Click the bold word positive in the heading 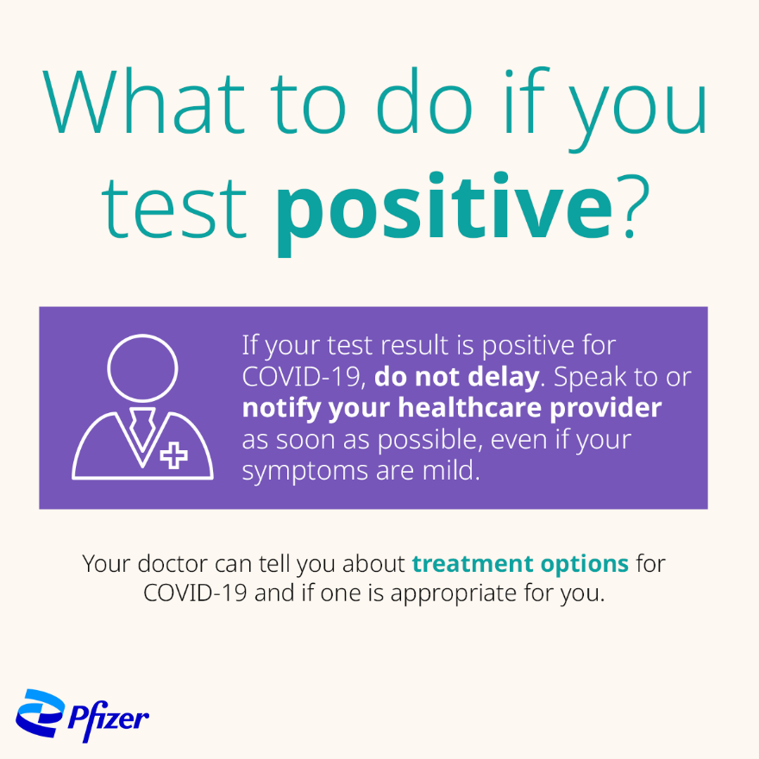[444, 213]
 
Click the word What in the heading [144, 101]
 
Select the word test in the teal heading [174, 208]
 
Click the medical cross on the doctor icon [173, 455]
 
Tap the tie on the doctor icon [141, 427]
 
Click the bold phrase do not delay [456, 377]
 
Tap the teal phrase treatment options [520, 563]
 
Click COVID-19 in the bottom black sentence [195, 593]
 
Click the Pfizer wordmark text [109, 718]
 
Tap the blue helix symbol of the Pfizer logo [40, 713]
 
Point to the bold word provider [605, 409]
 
